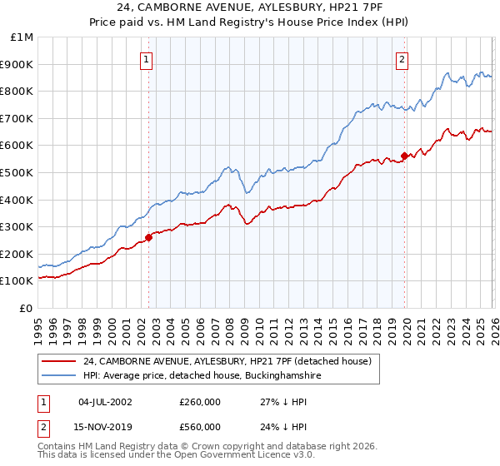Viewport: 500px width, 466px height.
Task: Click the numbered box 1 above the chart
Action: (147, 59)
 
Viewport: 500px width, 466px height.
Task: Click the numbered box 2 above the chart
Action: (402, 59)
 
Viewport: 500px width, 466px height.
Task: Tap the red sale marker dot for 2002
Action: (149, 237)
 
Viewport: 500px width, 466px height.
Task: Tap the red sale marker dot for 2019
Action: (404, 155)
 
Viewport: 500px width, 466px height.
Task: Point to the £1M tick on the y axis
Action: (22, 37)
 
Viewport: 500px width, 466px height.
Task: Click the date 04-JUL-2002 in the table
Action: (106, 403)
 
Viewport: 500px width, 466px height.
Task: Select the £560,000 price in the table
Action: (200, 427)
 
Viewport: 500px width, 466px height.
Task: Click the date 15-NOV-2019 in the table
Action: (106, 427)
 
